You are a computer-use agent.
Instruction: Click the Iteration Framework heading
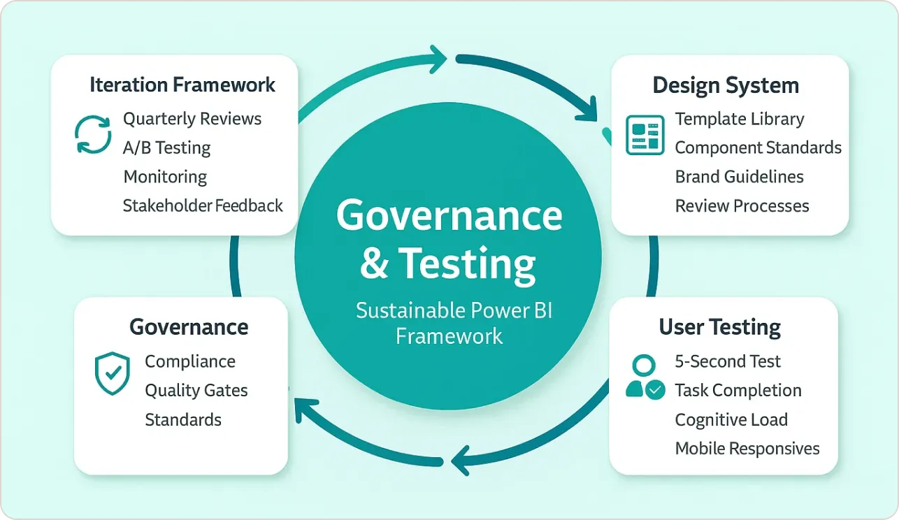(x=182, y=85)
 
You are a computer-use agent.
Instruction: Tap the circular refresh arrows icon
(x=93, y=134)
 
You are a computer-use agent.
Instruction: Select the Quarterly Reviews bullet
(x=192, y=119)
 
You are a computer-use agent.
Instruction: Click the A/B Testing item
(x=166, y=147)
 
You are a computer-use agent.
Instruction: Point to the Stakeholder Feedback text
(x=203, y=205)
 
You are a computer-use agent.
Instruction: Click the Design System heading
(x=726, y=85)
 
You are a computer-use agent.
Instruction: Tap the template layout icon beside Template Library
(x=645, y=135)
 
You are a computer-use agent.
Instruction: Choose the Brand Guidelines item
(x=739, y=177)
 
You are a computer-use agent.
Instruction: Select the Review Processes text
(x=742, y=205)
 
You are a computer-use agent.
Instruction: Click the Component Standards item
(x=758, y=147)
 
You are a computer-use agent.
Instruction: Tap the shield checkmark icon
(x=112, y=373)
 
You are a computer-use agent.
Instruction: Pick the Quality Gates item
(x=196, y=390)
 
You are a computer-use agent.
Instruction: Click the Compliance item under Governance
(x=190, y=361)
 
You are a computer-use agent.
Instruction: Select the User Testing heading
(x=720, y=327)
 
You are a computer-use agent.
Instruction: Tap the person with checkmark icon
(x=645, y=377)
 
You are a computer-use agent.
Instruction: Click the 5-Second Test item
(x=728, y=361)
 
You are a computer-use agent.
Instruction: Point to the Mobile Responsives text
(x=747, y=448)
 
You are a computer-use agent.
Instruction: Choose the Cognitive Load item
(x=731, y=419)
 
